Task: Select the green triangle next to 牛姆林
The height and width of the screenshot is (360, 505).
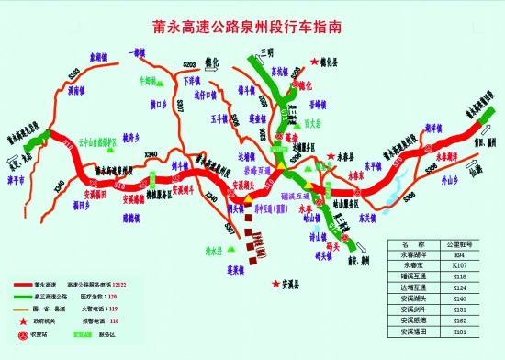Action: pos(159,83)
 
